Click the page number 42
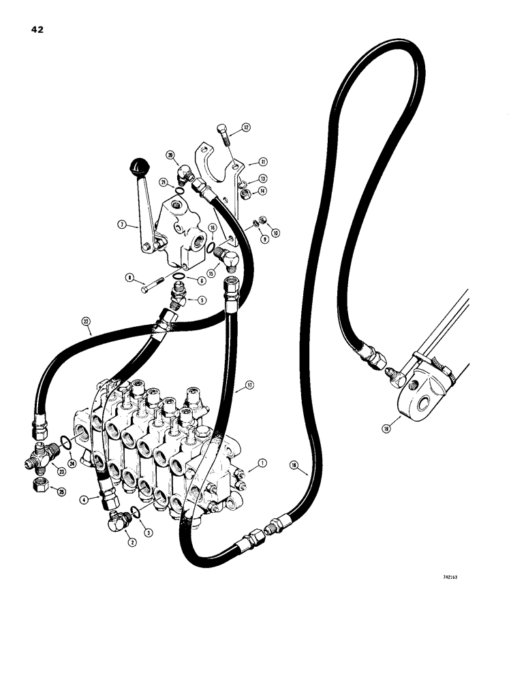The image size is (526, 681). tap(36, 29)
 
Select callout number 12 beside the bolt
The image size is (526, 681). tap(246, 127)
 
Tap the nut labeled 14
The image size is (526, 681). tap(243, 195)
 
